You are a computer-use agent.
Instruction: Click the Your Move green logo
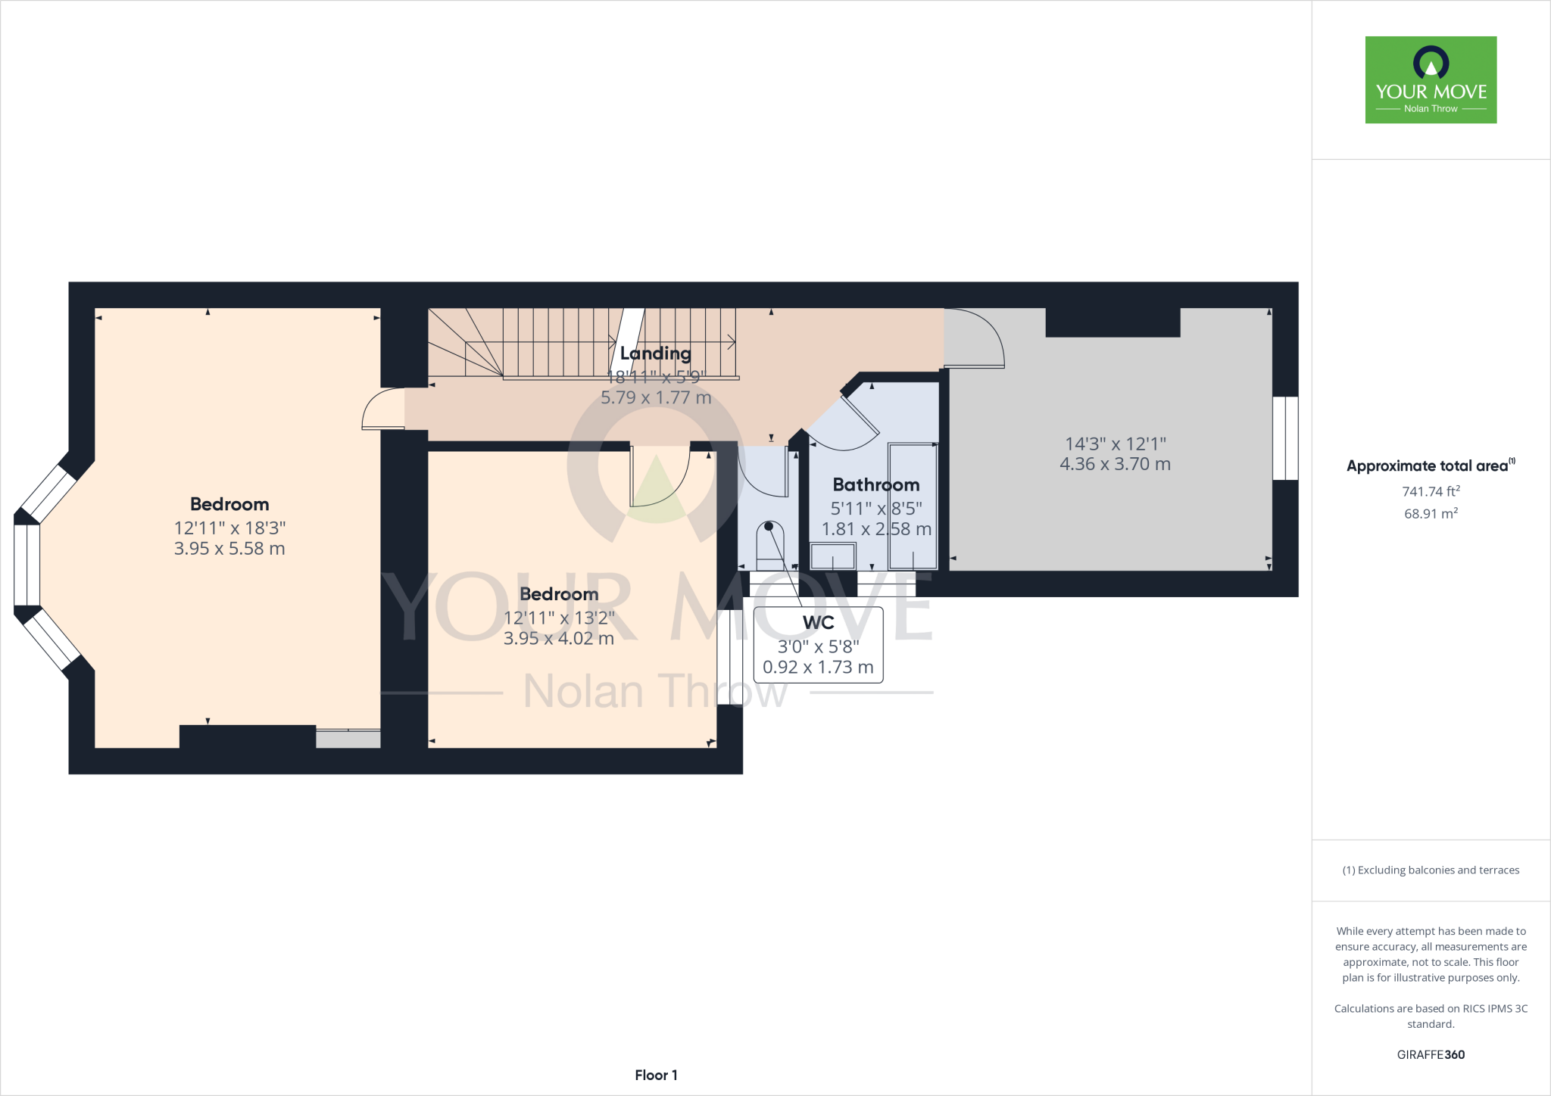1431,79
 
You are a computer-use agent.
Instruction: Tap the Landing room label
655,353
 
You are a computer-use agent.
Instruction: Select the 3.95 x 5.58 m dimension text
229,549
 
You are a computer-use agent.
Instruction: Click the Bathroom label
876,484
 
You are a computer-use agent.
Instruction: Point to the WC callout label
818,623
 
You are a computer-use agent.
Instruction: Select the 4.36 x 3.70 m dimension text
1115,464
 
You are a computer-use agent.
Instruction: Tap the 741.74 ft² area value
1431,491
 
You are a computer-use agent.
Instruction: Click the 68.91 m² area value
1431,513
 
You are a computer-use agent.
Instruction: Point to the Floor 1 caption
656,1075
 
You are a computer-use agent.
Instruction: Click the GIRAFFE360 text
1431,1054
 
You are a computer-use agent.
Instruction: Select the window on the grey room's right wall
1285,438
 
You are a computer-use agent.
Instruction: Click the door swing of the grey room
975,338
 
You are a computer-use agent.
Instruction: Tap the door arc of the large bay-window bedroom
382,409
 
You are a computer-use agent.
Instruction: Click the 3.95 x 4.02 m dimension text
559,638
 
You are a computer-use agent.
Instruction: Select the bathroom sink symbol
833,556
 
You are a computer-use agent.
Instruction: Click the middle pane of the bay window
27,565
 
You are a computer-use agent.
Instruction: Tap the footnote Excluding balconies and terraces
1431,870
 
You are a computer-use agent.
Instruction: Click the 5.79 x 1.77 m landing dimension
656,397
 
